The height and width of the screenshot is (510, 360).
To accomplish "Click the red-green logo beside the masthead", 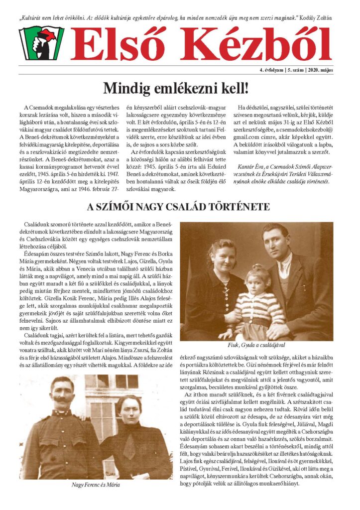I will (x=41, y=43).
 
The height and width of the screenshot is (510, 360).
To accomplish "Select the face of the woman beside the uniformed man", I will (x=128, y=408).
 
